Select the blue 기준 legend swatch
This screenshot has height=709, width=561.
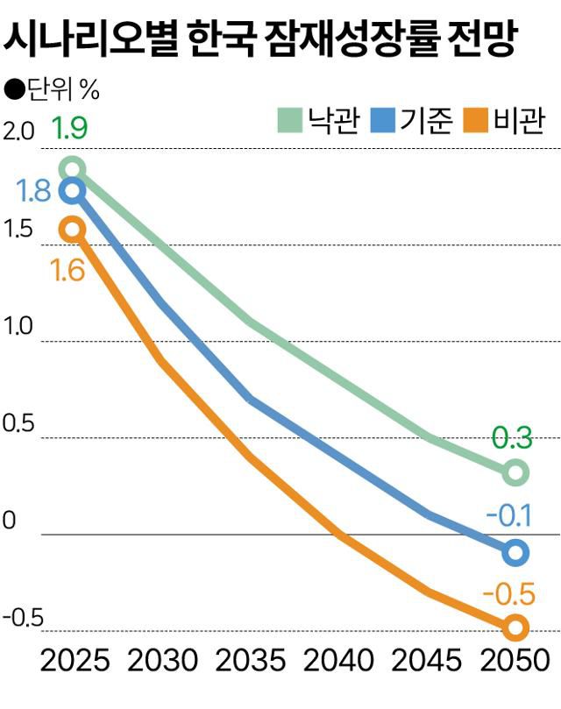(385, 121)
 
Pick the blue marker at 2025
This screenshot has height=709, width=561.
(73, 191)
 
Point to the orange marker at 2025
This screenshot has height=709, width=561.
(73, 230)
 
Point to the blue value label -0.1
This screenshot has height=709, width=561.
(515, 516)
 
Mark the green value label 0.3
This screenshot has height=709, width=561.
(515, 436)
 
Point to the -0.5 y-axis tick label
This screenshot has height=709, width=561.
(23, 619)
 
